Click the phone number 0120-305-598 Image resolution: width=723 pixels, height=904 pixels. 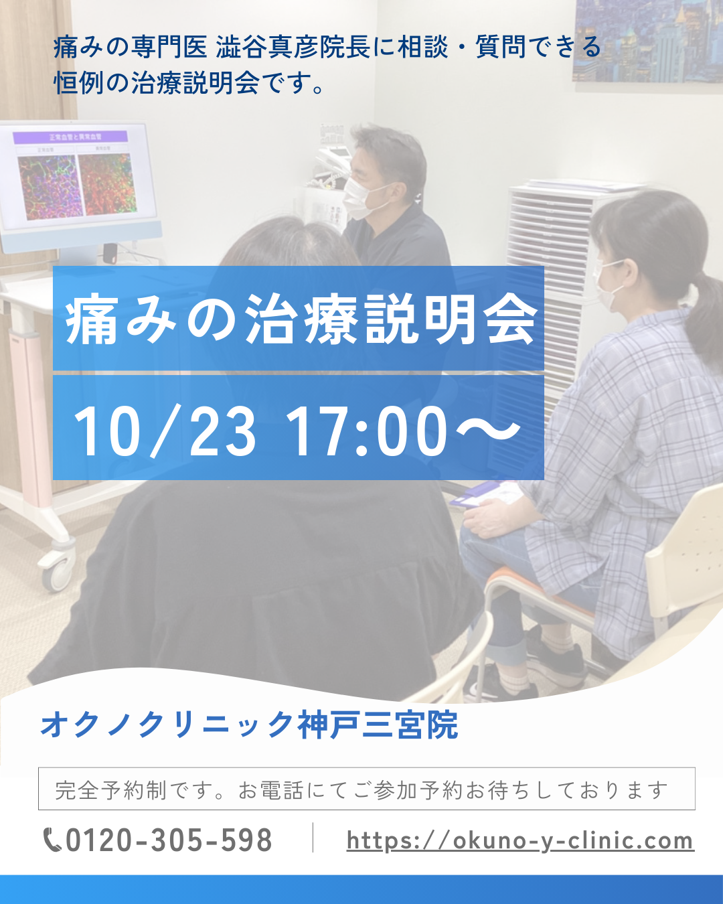[169, 840]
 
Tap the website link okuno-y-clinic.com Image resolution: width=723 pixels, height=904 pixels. [520, 841]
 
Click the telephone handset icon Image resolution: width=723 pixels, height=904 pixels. [52, 840]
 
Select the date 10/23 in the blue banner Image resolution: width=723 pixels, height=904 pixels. [164, 431]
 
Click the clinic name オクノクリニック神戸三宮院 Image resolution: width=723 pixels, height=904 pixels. [249, 725]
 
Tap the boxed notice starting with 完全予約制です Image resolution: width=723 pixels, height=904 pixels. [366, 789]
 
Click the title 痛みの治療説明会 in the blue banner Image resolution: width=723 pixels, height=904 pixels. [301, 319]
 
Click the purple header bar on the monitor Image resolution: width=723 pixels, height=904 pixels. [70, 137]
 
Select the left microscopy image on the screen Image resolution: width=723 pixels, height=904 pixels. [49, 187]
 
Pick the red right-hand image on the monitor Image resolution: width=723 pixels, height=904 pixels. [107, 183]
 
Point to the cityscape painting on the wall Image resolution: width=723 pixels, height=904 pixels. [647, 40]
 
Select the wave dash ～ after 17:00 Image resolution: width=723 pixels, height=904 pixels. [488, 430]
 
